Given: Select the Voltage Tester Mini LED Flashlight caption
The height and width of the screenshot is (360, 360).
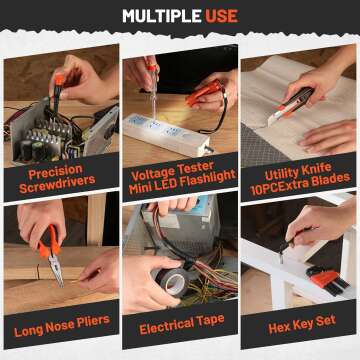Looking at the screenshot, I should pyautogui.click(x=180, y=176).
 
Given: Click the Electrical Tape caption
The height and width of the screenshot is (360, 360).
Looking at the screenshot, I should pyautogui.click(x=180, y=328).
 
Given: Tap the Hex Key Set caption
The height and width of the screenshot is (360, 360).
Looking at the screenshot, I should pyautogui.click(x=299, y=328).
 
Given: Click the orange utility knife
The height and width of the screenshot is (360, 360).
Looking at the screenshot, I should pyautogui.click(x=291, y=105).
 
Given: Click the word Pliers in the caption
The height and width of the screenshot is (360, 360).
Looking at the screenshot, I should pyautogui.click(x=93, y=328).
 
